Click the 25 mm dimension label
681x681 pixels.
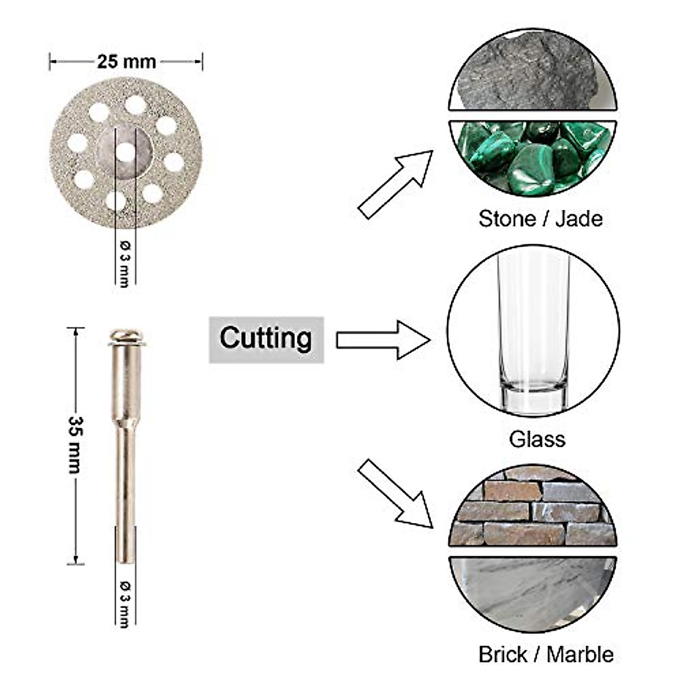(126, 61)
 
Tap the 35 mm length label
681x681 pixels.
(76, 445)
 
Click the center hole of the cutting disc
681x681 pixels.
(125, 152)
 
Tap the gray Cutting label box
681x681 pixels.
(266, 339)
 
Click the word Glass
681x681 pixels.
(537, 439)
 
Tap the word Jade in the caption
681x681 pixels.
(578, 218)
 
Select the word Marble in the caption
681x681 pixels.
(580, 654)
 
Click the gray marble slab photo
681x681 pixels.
(532, 590)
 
